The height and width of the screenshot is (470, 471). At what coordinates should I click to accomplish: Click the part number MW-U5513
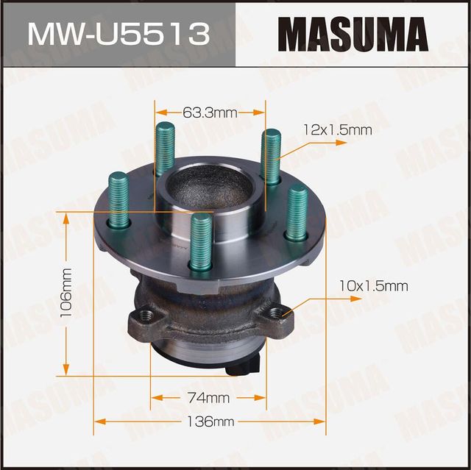[117, 33]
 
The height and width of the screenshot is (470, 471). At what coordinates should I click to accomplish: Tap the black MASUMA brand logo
[353, 33]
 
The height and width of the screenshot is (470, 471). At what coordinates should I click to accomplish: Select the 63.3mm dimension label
[209, 113]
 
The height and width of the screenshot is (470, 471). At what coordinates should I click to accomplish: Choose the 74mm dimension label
[208, 398]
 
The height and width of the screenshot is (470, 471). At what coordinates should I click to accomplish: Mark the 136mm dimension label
[209, 421]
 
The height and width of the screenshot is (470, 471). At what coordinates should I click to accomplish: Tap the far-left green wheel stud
[118, 199]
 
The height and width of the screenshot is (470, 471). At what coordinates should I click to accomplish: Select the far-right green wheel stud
[297, 211]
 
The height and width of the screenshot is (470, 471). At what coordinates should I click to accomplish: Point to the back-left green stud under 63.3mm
[165, 147]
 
